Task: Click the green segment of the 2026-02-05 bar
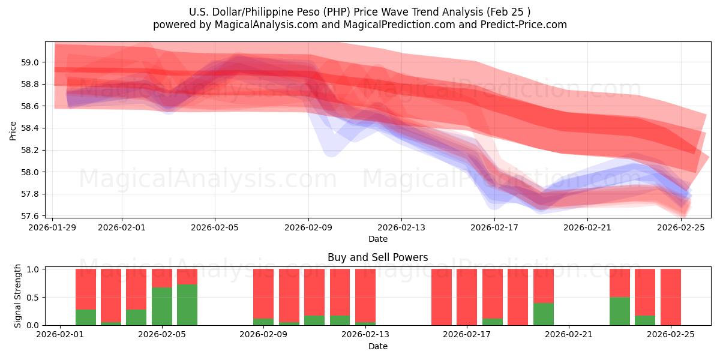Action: [161, 307]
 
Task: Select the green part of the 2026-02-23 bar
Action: [619, 311]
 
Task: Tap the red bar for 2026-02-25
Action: [670, 296]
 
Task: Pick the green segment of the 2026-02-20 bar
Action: [543, 314]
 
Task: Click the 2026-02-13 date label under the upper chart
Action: [401, 227]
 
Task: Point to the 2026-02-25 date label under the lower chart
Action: [670, 335]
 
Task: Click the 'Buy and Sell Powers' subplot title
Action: [377, 257]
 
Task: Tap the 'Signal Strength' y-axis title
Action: [18, 296]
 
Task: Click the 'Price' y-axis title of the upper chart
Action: [13, 130]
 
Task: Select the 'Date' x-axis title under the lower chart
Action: [377, 346]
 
